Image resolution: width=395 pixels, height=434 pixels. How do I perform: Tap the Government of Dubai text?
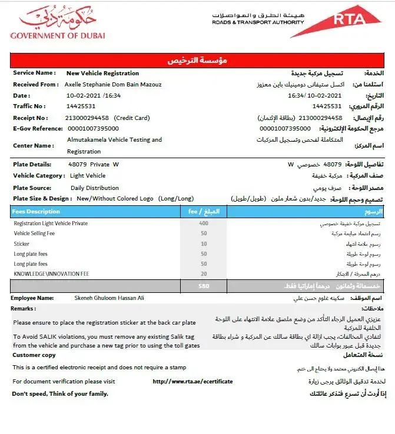tap(58, 35)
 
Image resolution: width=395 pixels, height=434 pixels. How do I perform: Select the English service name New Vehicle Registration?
tap(102, 74)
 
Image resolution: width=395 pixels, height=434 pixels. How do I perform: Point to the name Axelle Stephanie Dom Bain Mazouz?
tap(113, 84)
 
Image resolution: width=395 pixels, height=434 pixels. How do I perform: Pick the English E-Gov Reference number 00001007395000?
tap(93, 128)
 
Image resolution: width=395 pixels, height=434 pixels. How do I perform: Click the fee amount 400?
tap(204, 223)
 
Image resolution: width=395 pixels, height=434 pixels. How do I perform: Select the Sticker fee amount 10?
tap(204, 243)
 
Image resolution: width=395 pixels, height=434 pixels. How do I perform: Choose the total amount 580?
tap(204, 286)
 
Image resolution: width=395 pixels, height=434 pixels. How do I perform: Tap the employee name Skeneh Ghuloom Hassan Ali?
tap(109, 298)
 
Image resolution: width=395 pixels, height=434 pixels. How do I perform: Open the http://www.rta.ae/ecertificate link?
tap(192, 382)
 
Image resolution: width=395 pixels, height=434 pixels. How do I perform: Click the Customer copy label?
tap(34, 355)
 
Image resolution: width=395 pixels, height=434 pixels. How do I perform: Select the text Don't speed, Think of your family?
tap(60, 393)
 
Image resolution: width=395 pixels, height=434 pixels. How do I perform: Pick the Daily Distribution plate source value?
tap(94, 188)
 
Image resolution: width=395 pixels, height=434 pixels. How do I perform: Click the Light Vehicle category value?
tap(88, 176)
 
